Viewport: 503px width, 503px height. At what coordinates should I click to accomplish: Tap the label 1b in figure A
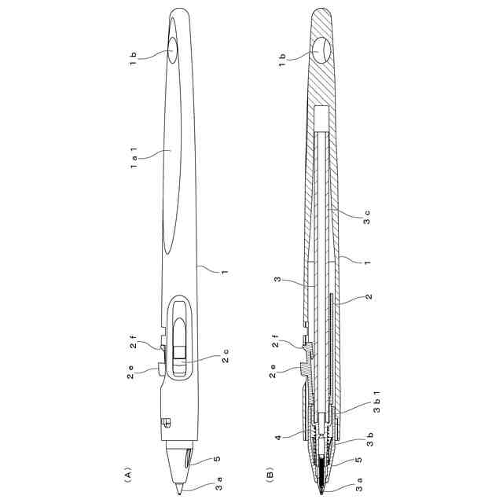pyautogui.click(x=133, y=59)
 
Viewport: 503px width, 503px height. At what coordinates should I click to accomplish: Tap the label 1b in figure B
pyautogui.click(x=282, y=60)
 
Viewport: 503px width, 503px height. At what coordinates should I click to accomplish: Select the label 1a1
pyautogui.click(x=134, y=158)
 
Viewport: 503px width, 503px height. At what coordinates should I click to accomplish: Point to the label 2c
pyautogui.click(x=226, y=356)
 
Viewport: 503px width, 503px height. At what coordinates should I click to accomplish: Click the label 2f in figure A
pyautogui.click(x=133, y=342)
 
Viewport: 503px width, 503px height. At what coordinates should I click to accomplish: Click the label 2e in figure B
pyautogui.click(x=273, y=371)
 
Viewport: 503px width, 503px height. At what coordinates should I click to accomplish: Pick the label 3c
pyautogui.click(x=367, y=217)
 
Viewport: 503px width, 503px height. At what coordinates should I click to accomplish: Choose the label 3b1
pyautogui.click(x=377, y=402)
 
